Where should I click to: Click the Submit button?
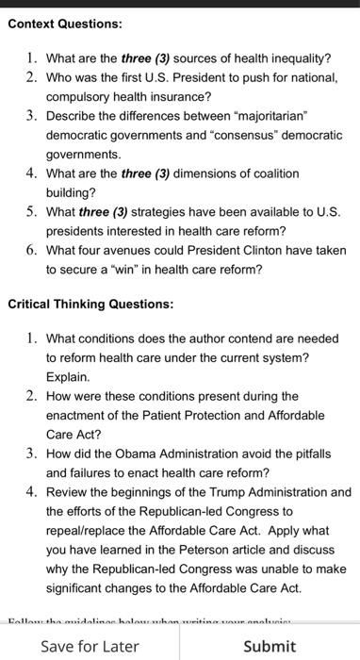270,646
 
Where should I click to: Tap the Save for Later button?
90,646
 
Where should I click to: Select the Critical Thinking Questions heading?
90,305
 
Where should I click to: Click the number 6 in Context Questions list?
31,250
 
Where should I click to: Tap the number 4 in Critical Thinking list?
31,491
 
